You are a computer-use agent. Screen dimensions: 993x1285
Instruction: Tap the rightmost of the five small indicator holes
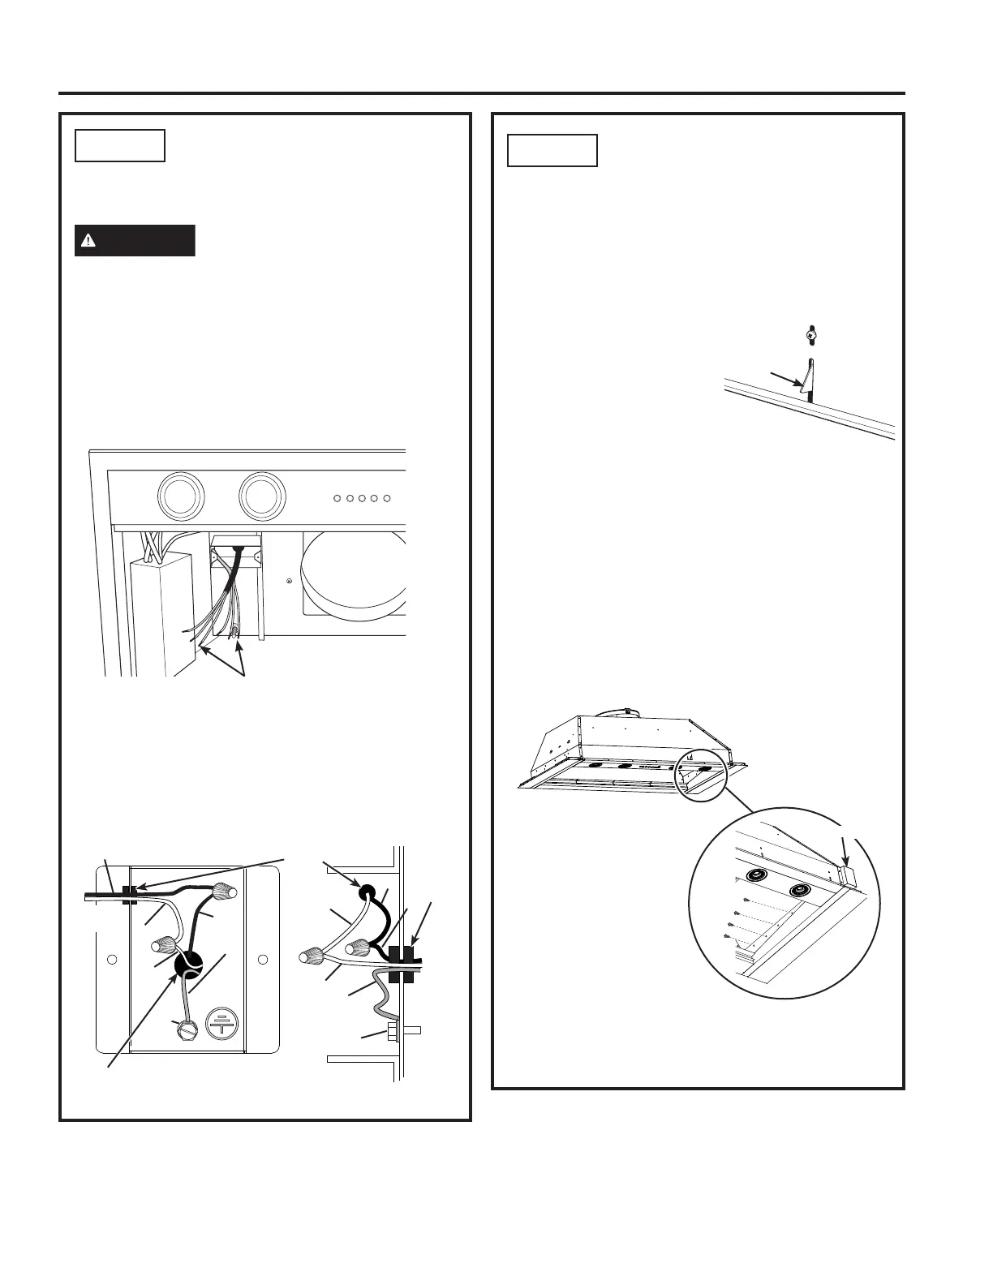pos(387,497)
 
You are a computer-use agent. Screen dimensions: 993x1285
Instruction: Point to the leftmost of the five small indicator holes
pos(336,497)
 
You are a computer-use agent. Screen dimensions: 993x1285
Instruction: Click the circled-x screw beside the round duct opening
pos(289,582)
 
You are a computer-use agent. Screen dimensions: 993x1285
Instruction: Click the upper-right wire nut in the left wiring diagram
pos(222,892)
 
